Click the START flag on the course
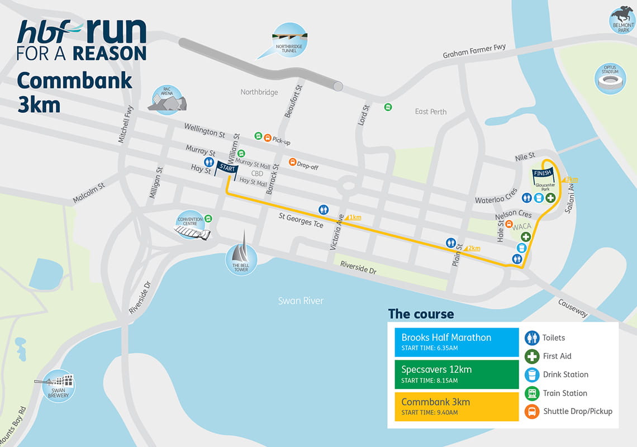(227, 168)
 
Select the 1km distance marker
(354, 217)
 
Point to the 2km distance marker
(472, 248)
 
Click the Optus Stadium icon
(610, 79)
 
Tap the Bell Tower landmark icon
(241, 259)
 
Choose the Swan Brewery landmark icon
(58, 385)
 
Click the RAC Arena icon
(167, 101)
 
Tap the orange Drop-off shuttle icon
(292, 162)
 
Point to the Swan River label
(301, 301)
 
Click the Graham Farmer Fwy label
(474, 51)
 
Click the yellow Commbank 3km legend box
(457, 406)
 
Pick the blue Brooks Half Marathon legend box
(457, 341)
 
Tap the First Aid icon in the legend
(532, 356)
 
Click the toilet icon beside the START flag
(209, 162)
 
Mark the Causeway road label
(573, 308)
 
